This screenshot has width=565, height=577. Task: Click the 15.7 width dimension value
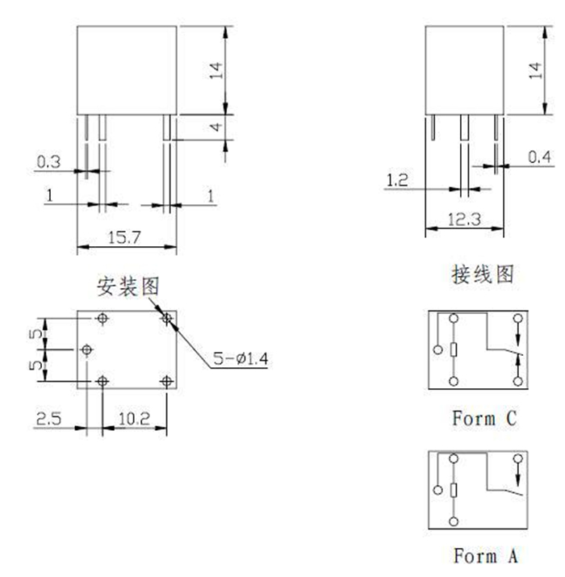126,237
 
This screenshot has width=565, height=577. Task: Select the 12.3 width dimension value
464,220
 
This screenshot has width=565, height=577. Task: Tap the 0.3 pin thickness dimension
48,162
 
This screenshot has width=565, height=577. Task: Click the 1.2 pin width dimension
397,181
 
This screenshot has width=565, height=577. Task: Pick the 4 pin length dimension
215,128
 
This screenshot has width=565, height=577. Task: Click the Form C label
483,419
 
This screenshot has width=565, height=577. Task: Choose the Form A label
483,556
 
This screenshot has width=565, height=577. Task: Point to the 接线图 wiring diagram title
482,274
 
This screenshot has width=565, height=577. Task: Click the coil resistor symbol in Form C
454,349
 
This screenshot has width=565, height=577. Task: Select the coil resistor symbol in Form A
454,490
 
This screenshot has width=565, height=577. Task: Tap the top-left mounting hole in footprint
102,319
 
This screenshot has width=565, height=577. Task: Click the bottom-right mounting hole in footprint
167,381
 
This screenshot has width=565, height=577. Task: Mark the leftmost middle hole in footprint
87,350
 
